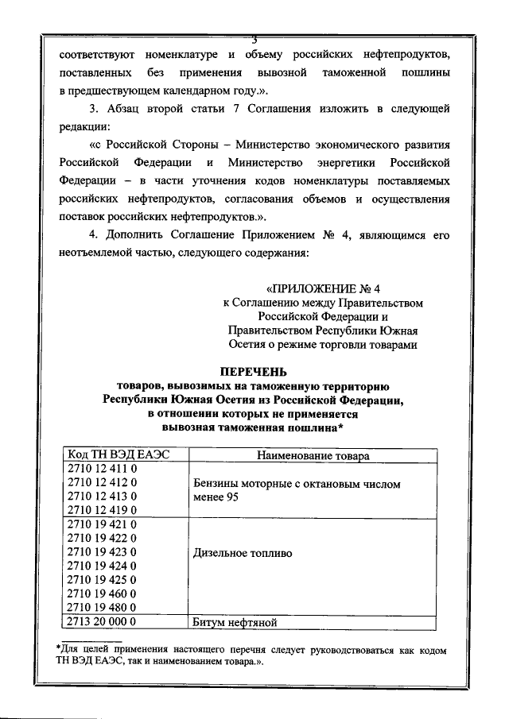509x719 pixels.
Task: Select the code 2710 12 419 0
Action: pyautogui.click(x=103, y=509)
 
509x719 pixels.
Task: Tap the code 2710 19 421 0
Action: pyautogui.click(x=103, y=525)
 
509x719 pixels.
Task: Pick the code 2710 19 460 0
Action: pyautogui.click(x=103, y=593)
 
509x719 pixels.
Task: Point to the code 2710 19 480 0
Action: pyautogui.click(x=103, y=607)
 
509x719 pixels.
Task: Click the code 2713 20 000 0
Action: pyautogui.click(x=103, y=622)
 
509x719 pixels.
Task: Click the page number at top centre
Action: pyautogui.click(x=254, y=39)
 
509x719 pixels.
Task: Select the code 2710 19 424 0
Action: pyautogui.click(x=103, y=566)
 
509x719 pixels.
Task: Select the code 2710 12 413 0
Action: pyautogui.click(x=103, y=497)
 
